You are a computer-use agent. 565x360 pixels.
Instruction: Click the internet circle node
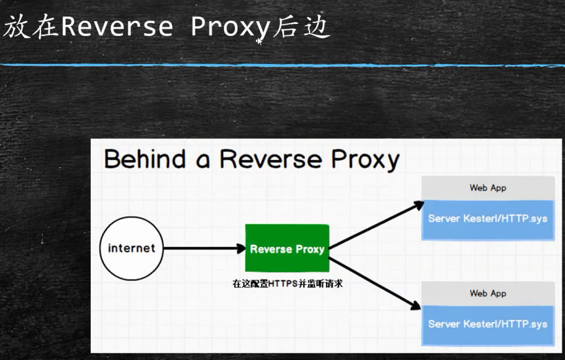131,248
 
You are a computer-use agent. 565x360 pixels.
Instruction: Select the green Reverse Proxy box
287,248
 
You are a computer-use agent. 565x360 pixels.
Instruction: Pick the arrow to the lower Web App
374,282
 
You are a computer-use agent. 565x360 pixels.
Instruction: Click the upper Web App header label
488,188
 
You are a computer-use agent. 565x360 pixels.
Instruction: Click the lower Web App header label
488,293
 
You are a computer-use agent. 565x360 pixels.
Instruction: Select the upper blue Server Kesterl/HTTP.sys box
488,218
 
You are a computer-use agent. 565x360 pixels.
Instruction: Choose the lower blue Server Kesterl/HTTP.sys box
488,324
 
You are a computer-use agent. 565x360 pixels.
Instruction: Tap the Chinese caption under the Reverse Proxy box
287,284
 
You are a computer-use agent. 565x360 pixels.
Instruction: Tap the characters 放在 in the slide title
31,27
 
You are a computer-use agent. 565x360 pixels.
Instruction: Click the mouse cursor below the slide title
259,41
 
